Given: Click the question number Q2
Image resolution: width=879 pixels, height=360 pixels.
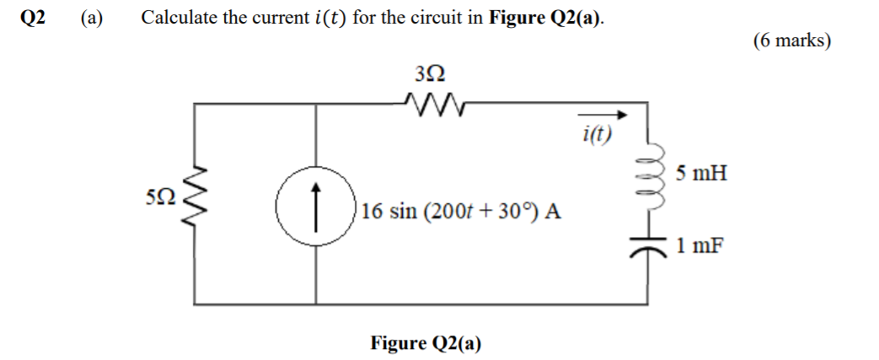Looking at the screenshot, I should pos(33,19).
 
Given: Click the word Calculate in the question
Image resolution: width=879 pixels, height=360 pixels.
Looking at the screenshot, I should pos(180,19).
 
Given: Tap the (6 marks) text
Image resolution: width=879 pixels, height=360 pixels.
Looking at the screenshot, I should pos(791,41).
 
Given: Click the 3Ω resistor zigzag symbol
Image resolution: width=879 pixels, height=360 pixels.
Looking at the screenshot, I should pos(433,105).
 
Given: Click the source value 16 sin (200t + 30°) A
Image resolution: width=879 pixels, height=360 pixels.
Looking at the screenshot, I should pos(462,211).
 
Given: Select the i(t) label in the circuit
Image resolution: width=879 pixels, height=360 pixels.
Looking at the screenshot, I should pos(597,133).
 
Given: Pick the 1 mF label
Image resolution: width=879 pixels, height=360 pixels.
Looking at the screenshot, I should pos(698,245).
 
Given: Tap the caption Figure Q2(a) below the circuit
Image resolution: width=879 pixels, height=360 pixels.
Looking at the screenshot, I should pos(426,343).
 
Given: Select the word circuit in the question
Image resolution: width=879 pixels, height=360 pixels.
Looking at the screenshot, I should pos(445,19).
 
